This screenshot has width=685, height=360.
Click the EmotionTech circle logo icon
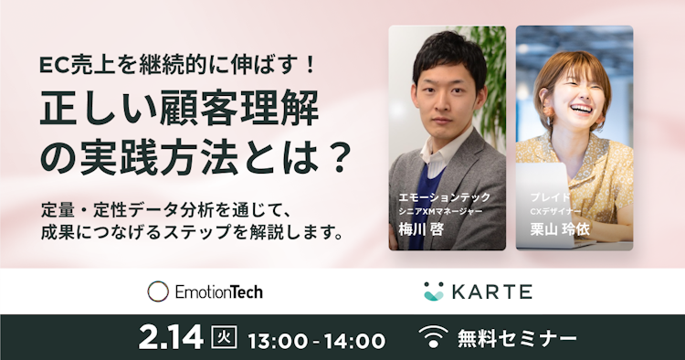coord(159,291)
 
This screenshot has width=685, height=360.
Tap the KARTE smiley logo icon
coord(434,291)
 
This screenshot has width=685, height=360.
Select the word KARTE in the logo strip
coord(488,291)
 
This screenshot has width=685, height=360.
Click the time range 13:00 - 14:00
coord(316,340)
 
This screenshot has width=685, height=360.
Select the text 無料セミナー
coord(516,339)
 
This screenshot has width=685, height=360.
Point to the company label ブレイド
coord(550,196)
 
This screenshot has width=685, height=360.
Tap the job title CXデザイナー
coord(558,211)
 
